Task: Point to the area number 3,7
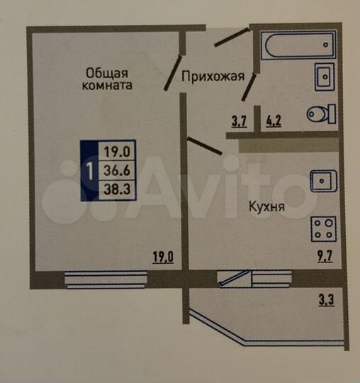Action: coord(238,120)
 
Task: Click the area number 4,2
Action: coord(274,120)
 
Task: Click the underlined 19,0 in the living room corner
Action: coord(163,257)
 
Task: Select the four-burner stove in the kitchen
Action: coord(324,228)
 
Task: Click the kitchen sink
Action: coord(323,181)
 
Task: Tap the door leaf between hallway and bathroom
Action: coord(249,85)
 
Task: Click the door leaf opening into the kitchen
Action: coord(206,145)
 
